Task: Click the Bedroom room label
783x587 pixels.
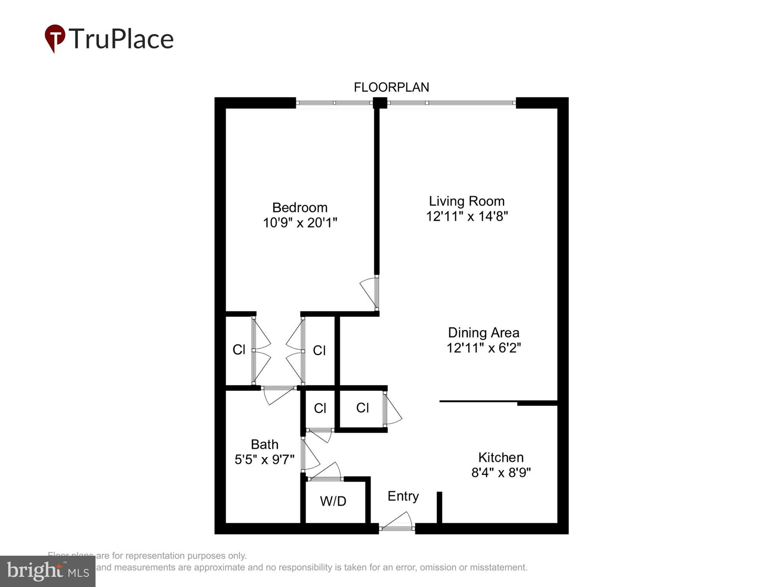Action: click(x=299, y=207)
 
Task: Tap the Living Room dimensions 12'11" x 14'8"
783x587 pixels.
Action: click(x=467, y=216)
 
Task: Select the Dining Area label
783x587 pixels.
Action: click(x=484, y=333)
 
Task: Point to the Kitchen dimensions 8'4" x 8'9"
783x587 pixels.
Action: click(x=501, y=473)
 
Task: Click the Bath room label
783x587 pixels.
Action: click(x=265, y=444)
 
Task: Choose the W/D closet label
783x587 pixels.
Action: click(x=333, y=501)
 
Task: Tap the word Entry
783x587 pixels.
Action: click(x=403, y=496)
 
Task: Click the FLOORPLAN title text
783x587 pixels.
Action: click(x=391, y=87)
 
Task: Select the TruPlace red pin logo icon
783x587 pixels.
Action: click(x=55, y=38)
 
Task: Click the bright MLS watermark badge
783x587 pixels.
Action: click(x=48, y=571)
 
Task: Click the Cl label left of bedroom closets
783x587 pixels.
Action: click(x=239, y=349)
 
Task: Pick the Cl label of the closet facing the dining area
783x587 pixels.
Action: click(x=363, y=408)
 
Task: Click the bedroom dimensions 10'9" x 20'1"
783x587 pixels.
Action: click(x=300, y=223)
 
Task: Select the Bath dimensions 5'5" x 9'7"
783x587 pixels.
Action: click(x=264, y=459)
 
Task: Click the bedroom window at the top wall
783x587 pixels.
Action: click(x=334, y=103)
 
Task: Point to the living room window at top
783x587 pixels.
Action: click(x=451, y=103)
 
